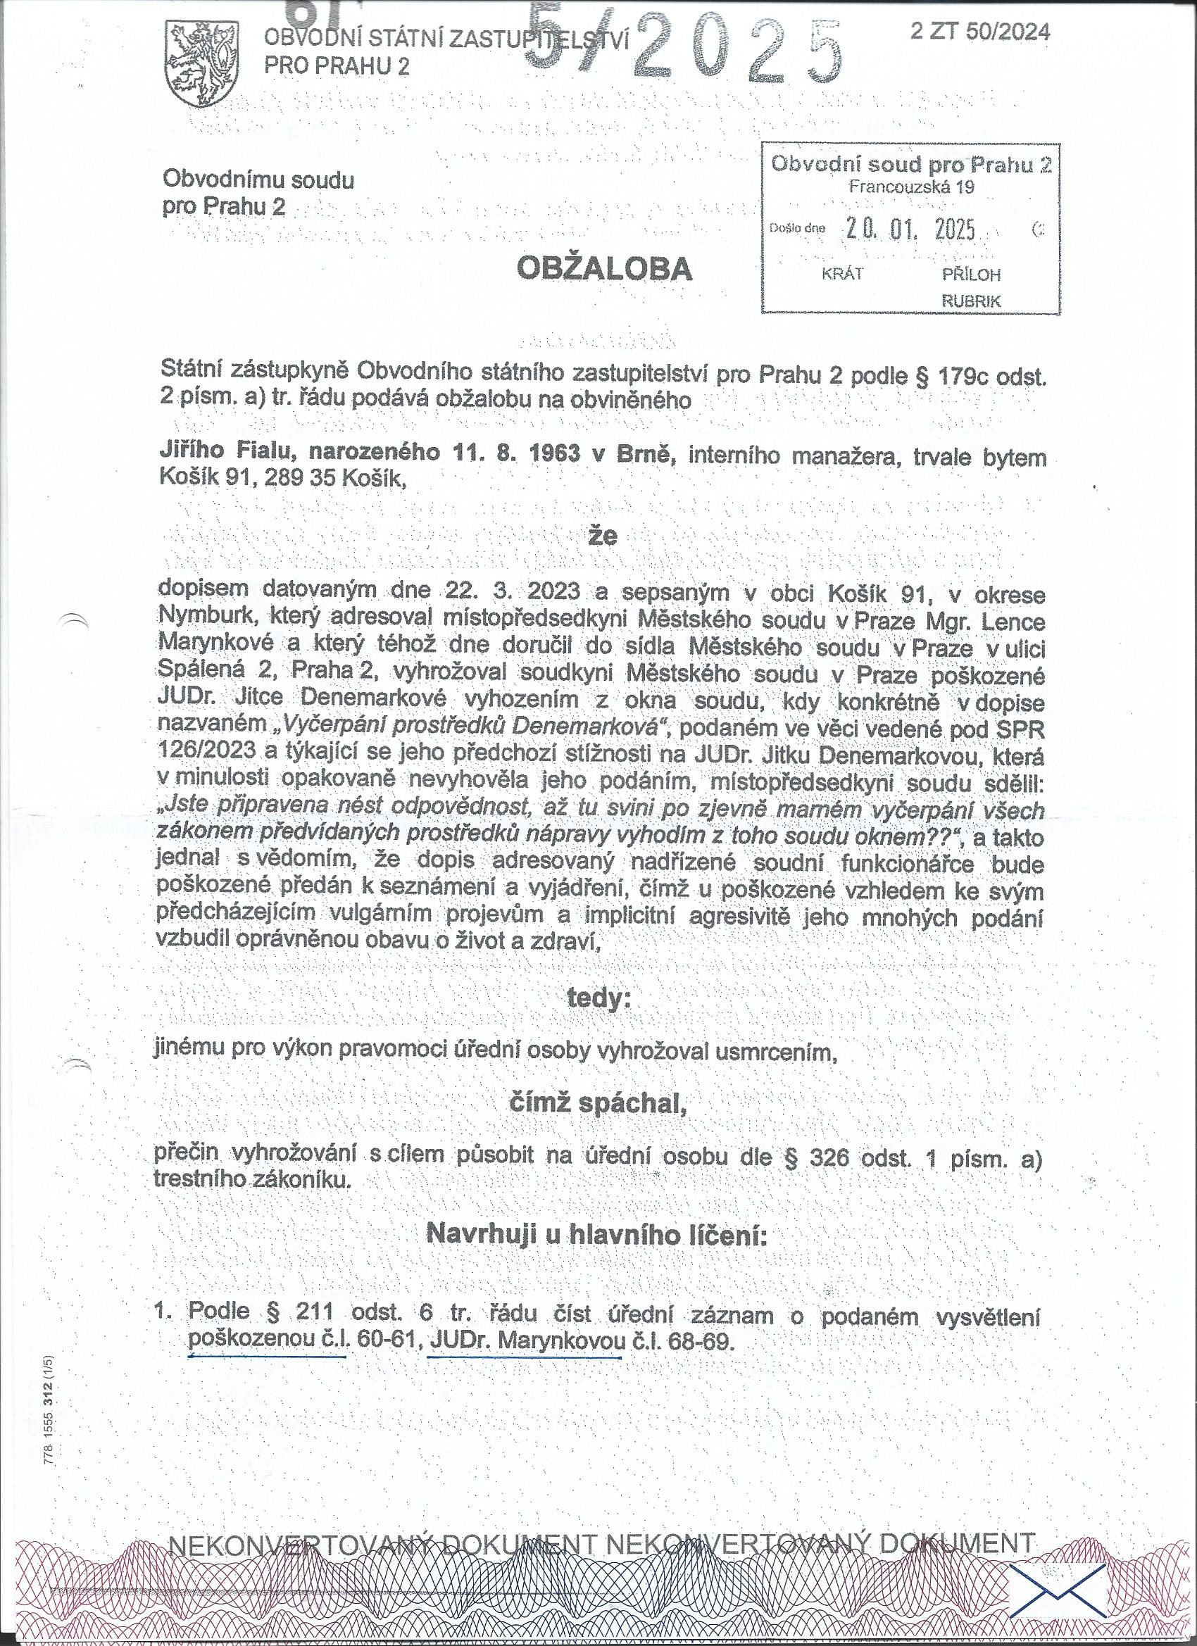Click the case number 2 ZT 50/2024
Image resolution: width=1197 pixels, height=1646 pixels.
(x=980, y=31)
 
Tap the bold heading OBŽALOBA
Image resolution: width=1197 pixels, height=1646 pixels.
(x=604, y=270)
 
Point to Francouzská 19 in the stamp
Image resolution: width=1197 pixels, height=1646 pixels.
(x=911, y=187)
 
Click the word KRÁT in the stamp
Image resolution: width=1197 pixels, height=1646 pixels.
(x=841, y=275)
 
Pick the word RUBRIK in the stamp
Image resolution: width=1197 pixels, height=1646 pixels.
(x=970, y=301)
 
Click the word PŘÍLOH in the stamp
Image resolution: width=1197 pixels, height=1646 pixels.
(x=971, y=275)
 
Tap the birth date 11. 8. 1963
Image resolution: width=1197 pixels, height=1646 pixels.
(x=513, y=453)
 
